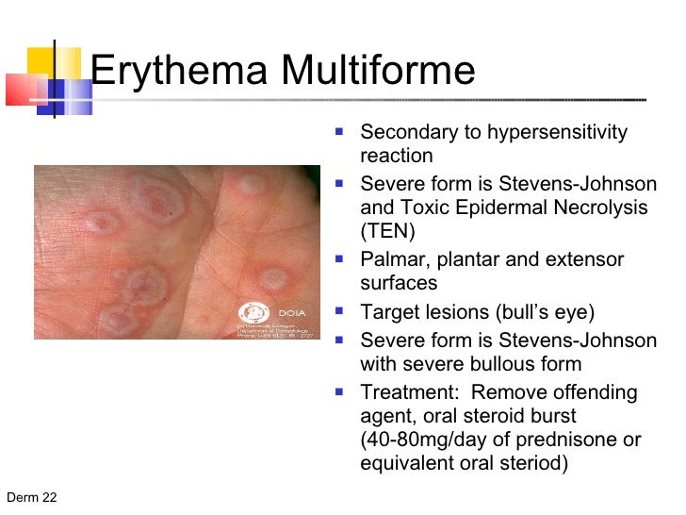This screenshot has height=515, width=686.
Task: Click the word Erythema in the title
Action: tap(168, 72)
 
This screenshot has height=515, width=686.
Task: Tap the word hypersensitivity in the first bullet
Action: tap(556, 132)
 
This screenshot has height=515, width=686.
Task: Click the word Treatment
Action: tap(406, 392)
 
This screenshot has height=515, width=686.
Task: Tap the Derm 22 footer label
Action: tap(32, 498)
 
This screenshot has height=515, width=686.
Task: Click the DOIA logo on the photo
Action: tap(257, 312)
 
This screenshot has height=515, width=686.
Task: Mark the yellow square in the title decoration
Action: tap(41, 62)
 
